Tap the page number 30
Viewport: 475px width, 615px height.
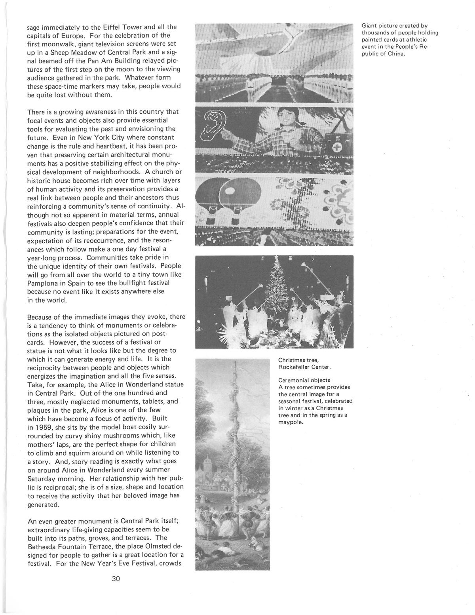tap(116, 579)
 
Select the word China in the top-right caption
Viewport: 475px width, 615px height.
tap(396, 54)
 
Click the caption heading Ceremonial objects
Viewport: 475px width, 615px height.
tap(304, 380)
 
